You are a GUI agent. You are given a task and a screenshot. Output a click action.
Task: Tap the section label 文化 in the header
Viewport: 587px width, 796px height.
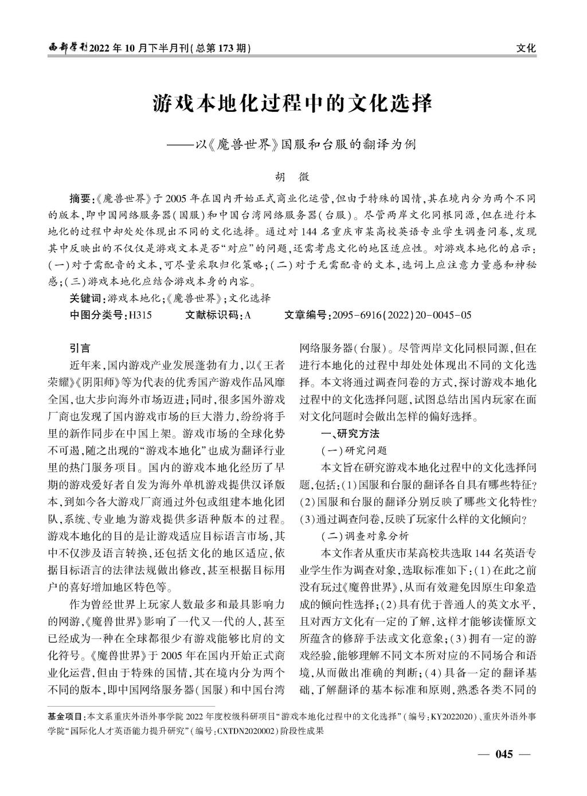(526, 48)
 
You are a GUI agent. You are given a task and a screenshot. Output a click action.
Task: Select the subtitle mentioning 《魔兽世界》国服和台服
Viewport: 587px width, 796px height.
(305, 144)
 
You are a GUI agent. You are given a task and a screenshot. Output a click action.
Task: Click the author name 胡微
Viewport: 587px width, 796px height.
(292, 177)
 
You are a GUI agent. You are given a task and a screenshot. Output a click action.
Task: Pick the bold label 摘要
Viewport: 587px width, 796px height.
(80, 199)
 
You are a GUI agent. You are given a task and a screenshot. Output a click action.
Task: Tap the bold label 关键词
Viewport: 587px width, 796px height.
(85, 299)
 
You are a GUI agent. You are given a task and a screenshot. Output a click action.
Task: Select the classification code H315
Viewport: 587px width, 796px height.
(140, 315)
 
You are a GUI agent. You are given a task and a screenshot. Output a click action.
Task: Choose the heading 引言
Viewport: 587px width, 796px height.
(80, 348)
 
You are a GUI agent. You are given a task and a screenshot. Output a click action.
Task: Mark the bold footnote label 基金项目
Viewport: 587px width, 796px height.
(65, 716)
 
